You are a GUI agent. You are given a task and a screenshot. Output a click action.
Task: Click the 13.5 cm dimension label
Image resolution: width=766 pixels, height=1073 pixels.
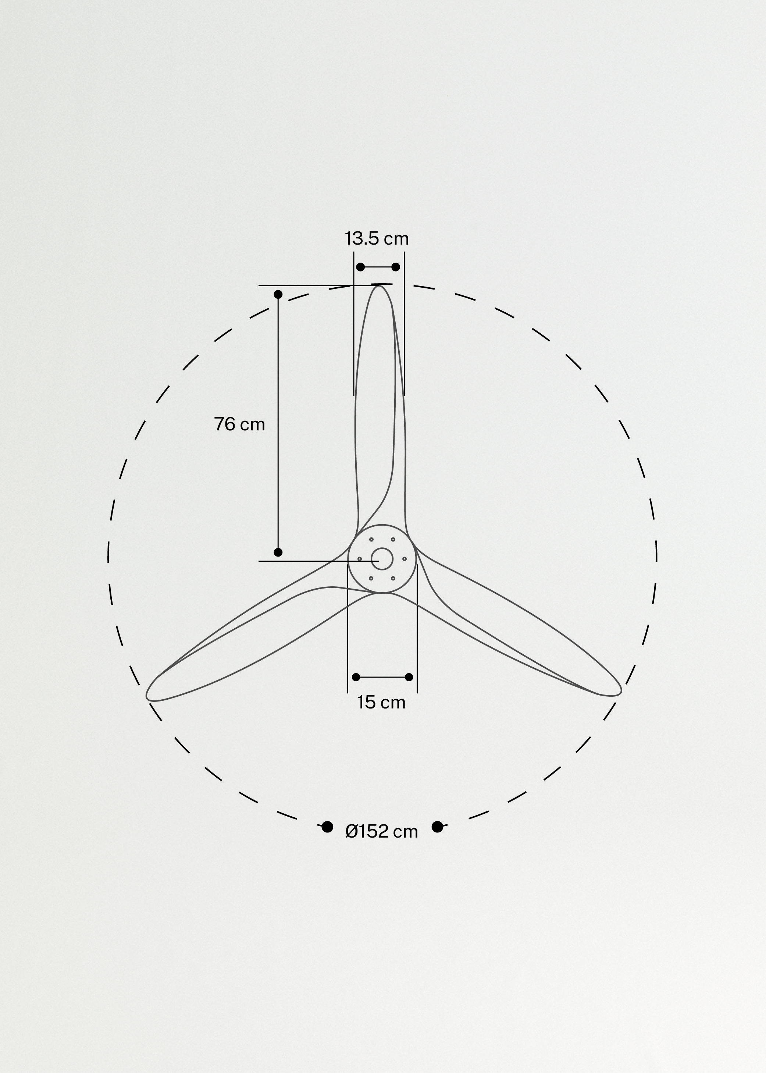[377, 239]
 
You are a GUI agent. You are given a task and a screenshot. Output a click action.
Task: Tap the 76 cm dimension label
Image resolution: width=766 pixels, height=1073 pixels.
[239, 424]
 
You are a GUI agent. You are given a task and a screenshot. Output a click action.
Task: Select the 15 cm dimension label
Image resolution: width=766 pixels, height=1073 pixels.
[381, 703]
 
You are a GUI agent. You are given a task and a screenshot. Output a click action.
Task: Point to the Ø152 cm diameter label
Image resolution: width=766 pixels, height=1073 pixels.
[382, 831]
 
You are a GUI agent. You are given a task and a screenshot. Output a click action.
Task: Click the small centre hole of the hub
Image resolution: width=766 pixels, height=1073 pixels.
[382, 559]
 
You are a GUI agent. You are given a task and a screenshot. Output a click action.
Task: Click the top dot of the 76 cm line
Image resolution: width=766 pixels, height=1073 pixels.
[278, 294]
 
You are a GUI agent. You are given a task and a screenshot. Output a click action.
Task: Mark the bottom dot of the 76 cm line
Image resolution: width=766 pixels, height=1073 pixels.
[278, 552]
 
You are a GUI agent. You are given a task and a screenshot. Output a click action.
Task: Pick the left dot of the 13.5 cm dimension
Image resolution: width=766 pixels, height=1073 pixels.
[360, 267]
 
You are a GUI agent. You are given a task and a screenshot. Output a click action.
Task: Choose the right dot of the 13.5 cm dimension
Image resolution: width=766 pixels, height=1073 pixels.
[396, 267]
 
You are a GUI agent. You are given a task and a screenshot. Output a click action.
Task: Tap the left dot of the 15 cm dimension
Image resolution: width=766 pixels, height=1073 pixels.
[356, 677]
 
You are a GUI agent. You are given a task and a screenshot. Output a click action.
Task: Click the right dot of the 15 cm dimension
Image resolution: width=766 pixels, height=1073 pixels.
[409, 677]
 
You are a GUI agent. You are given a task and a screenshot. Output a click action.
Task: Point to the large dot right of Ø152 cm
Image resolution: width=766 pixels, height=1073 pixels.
[437, 827]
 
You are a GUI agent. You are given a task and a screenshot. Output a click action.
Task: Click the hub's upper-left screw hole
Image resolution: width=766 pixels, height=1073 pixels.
[371, 539]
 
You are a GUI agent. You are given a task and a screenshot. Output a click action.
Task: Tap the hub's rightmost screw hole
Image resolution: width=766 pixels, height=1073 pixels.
[404, 559]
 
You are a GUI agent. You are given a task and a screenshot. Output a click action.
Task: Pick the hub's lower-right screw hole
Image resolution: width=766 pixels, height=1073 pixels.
[393, 578]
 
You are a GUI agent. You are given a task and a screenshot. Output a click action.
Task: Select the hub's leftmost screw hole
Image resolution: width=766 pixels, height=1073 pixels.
[359, 559]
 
